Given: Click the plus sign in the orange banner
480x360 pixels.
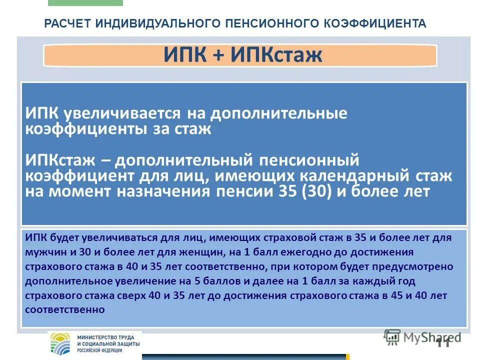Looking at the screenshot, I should pos(219,55).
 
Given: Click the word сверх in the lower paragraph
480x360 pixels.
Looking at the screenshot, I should pos(133,295).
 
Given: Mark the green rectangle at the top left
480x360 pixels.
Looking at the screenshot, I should pos(85,2).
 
